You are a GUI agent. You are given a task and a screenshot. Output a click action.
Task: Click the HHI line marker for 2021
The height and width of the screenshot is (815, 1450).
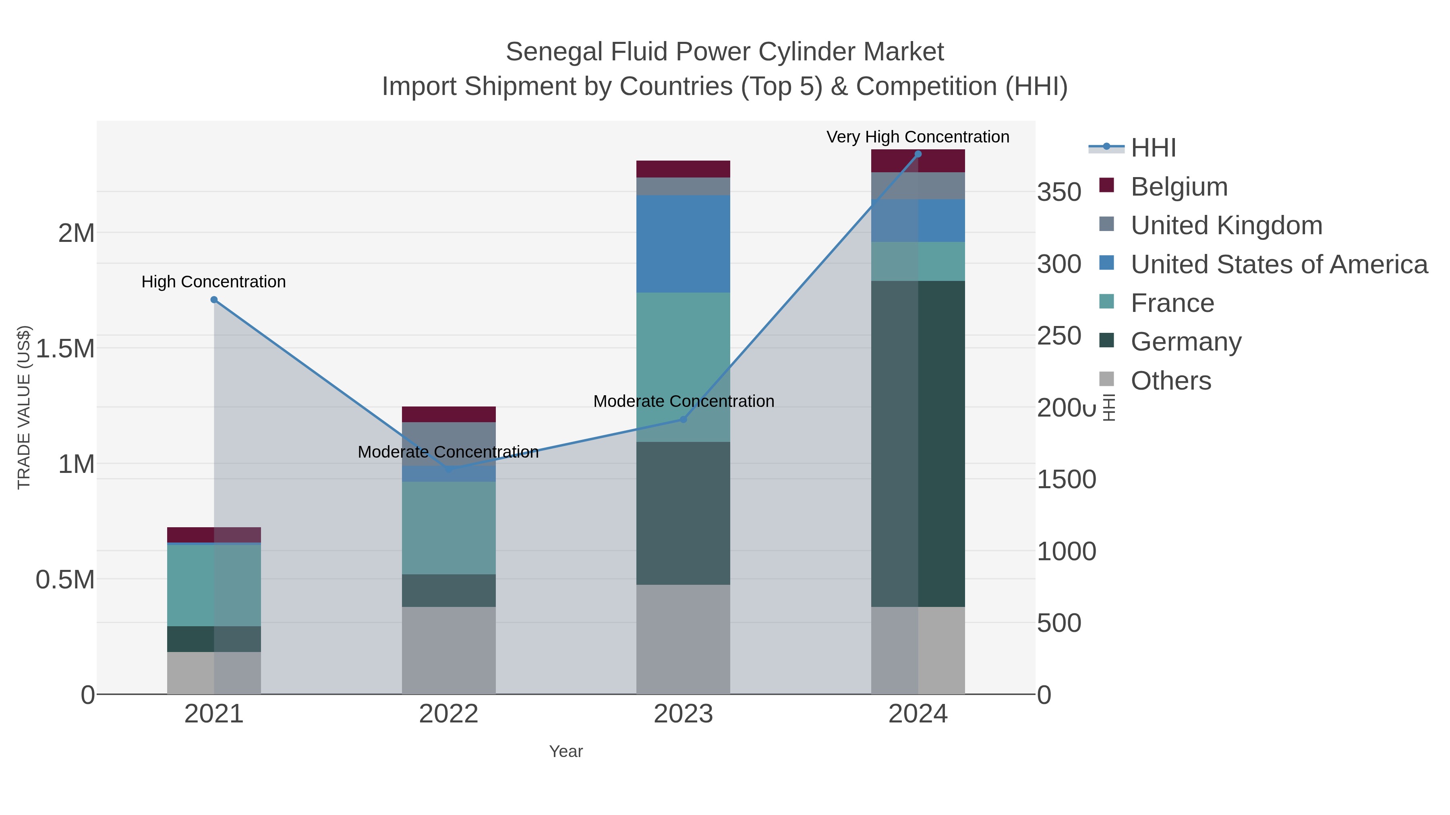214,300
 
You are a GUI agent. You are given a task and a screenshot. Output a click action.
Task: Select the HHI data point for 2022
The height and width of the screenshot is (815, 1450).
449,469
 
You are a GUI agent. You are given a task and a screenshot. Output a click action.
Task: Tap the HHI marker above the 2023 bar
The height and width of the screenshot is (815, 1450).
684,419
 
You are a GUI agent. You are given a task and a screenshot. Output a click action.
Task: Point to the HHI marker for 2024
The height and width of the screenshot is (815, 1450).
918,154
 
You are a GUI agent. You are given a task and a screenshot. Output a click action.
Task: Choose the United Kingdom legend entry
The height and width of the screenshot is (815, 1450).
1226,225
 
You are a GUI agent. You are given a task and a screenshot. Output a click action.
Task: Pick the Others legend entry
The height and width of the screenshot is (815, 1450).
1171,381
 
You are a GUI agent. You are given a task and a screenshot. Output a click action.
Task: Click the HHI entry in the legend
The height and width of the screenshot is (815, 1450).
1153,148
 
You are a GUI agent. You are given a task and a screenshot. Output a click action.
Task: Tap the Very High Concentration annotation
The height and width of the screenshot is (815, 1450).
918,137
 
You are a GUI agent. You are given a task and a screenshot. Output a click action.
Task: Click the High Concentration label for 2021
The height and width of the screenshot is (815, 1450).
213,281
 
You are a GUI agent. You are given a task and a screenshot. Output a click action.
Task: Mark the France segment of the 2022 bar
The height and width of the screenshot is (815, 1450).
449,528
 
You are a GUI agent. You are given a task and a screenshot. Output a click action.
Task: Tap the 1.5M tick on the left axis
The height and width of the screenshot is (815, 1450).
65,349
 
